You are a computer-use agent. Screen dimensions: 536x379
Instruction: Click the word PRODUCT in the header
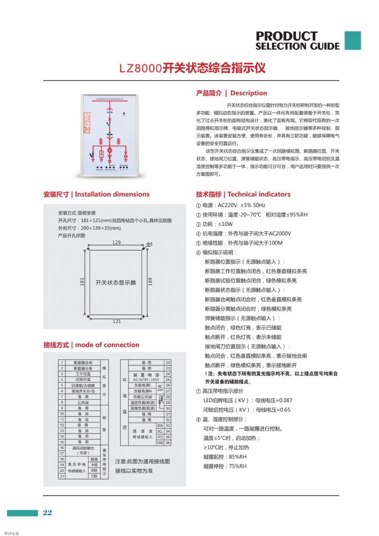(286, 36)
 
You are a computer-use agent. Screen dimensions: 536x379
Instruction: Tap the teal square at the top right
(352, 41)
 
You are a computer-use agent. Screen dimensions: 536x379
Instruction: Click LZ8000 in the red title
(141, 68)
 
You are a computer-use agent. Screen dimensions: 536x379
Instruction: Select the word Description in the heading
(249, 93)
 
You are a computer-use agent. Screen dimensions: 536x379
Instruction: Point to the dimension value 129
(116, 242)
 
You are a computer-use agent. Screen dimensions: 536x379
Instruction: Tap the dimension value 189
(151, 282)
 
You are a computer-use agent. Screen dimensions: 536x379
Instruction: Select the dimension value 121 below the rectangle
(116, 321)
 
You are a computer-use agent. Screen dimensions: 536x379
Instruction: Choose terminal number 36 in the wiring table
(168, 443)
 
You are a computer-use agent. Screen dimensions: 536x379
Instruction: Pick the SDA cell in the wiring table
(160, 426)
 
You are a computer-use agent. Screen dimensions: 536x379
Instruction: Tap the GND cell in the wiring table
(160, 443)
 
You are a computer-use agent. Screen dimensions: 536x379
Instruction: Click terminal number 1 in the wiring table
(62, 363)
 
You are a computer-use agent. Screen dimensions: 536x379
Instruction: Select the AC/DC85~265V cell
(140, 380)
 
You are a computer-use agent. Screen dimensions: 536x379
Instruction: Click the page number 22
(47, 513)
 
